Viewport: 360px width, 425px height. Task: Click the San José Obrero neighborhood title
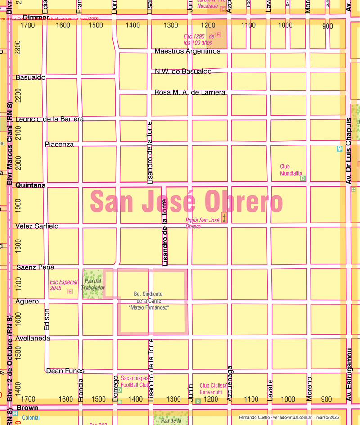pyautogui.click(x=187, y=201)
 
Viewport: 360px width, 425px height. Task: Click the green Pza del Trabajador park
pyautogui.click(x=92, y=284)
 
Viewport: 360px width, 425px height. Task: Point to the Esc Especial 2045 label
pyautogui.click(x=63, y=285)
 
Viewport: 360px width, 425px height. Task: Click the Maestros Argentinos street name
pyautogui.click(x=187, y=51)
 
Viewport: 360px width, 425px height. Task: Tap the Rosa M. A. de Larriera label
pyautogui.click(x=189, y=92)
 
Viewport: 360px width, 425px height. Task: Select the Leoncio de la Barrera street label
pyautogui.click(x=49, y=119)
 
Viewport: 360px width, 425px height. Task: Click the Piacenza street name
pyautogui.click(x=59, y=144)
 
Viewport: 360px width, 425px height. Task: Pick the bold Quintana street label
pyautogui.click(x=31, y=185)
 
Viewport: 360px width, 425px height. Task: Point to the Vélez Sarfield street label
pyautogui.click(x=37, y=226)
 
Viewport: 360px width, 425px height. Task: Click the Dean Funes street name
pyautogui.click(x=65, y=371)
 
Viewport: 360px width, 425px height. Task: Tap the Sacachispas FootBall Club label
pyautogui.click(x=135, y=382)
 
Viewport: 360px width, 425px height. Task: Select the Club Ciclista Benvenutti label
pyautogui.click(x=211, y=389)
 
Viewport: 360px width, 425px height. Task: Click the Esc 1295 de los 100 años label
pyautogui.click(x=198, y=39)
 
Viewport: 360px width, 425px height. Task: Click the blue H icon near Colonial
pyautogui.click(x=15, y=413)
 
